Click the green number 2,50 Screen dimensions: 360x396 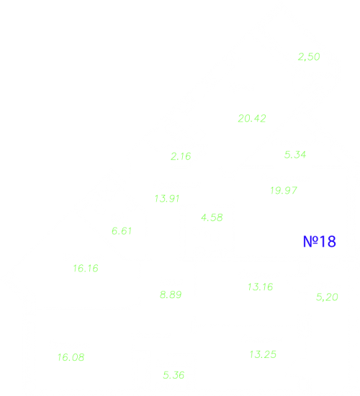click(x=309, y=57)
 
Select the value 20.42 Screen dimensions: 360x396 click(x=252, y=119)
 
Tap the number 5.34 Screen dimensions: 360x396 click(x=295, y=155)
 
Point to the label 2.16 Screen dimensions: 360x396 click(x=181, y=156)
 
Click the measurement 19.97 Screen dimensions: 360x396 click(x=284, y=190)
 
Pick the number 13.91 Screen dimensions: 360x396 click(x=167, y=199)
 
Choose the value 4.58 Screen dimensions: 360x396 click(x=212, y=217)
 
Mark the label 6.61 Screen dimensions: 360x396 click(x=122, y=231)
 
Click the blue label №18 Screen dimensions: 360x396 click(x=320, y=241)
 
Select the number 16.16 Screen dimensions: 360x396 click(x=86, y=269)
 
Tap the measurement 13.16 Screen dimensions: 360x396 click(x=261, y=287)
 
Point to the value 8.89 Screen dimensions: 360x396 click(x=171, y=294)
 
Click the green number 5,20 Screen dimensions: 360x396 click(x=327, y=297)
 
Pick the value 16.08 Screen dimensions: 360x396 click(x=71, y=357)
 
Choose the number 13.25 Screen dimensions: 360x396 click(x=263, y=354)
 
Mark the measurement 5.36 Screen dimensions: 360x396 click(x=174, y=375)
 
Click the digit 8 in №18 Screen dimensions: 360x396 click(x=331, y=241)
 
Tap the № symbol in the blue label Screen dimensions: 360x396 click(x=310, y=241)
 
